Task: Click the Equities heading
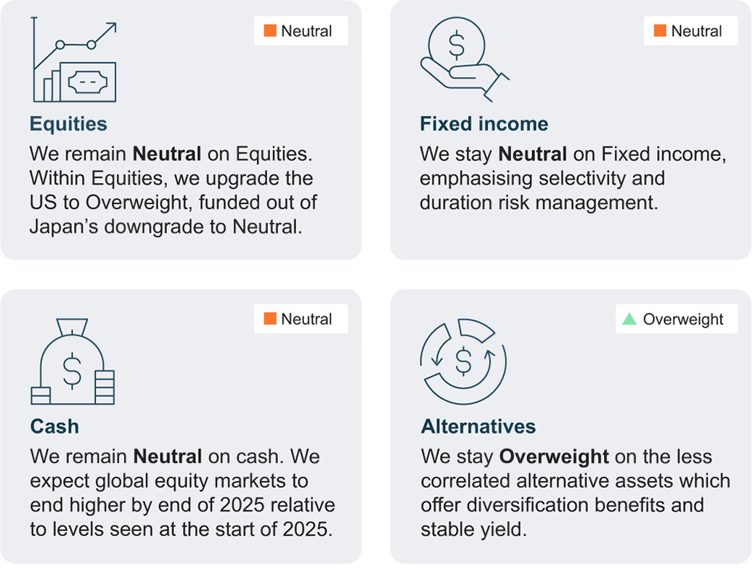[68, 124]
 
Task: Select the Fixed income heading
[484, 123]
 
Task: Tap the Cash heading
[54, 426]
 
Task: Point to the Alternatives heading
[478, 426]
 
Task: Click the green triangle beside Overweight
[629, 319]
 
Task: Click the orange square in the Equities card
[270, 30]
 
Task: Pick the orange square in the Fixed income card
[660, 30]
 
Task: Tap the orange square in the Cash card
[270, 319]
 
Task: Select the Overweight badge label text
[683, 319]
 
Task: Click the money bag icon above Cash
[73, 361]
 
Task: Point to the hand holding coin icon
[465, 60]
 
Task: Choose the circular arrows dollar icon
[463, 361]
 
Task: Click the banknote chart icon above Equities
[74, 60]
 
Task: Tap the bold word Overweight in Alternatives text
[554, 457]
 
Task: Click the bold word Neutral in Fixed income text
[532, 155]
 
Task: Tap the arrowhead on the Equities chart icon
[111, 28]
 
